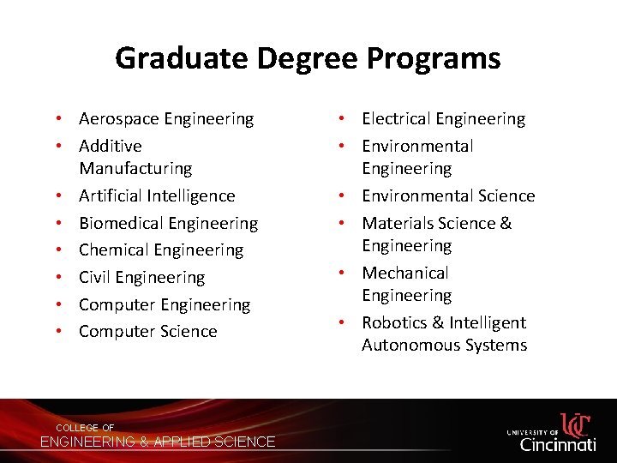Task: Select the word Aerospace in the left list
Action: click(x=117, y=118)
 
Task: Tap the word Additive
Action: click(x=111, y=146)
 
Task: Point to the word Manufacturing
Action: click(x=135, y=168)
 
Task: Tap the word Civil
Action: click(x=94, y=277)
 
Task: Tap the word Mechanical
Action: click(x=404, y=273)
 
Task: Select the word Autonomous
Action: click(x=405, y=345)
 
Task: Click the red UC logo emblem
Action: click(x=576, y=424)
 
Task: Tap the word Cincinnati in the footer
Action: click(x=558, y=444)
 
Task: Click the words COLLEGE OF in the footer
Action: click(x=85, y=428)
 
